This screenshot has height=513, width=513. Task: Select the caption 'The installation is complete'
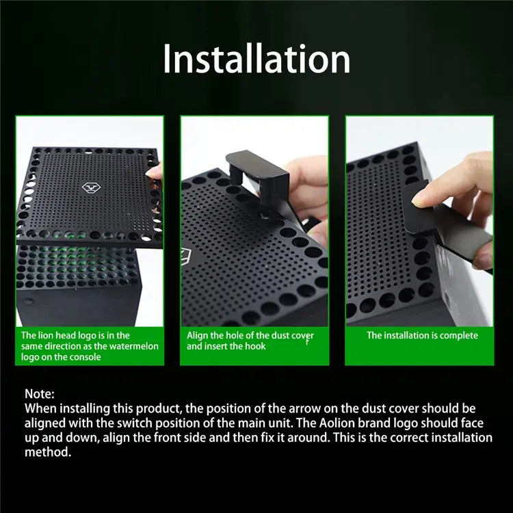point(422,335)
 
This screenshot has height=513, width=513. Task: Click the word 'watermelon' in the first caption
point(135,346)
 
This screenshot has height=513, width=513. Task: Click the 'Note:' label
point(39,394)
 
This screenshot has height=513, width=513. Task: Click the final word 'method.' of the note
point(47,452)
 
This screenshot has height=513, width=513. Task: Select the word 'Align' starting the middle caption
point(198,335)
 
